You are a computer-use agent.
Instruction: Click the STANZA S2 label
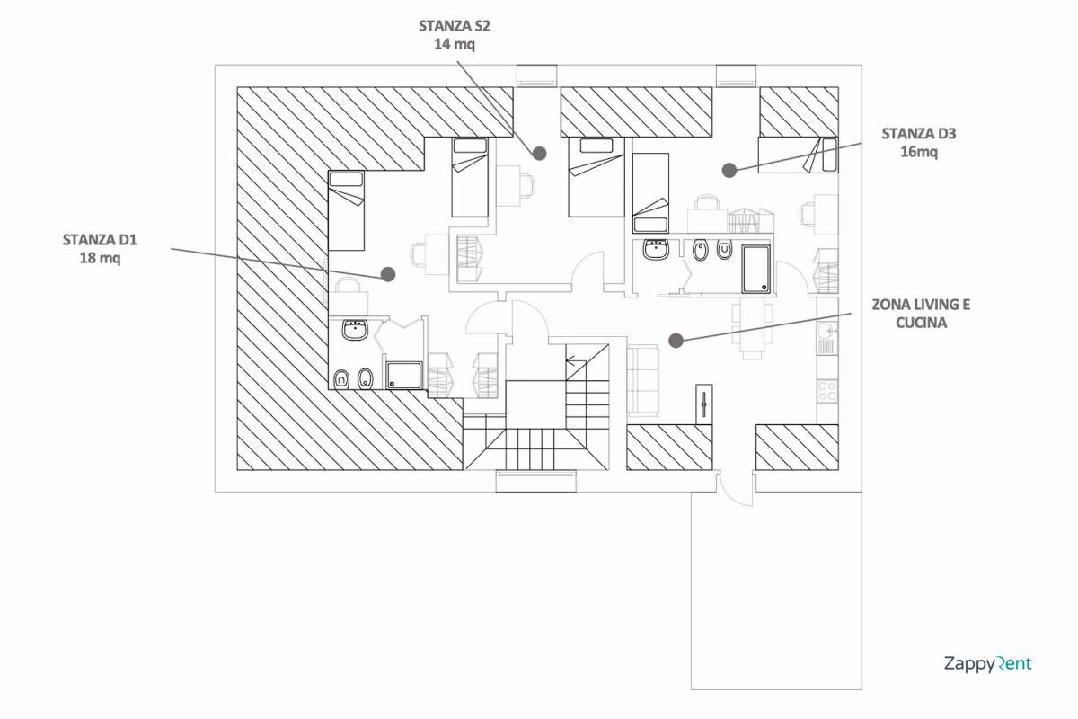tap(455, 26)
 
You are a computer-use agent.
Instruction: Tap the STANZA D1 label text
tap(100, 240)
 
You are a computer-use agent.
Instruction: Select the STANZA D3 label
tap(919, 133)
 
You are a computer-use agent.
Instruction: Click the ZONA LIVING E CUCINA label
tap(921, 314)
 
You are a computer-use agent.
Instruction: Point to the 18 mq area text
tap(100, 258)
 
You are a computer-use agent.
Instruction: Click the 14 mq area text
tap(455, 44)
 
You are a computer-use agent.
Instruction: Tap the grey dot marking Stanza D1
tap(388, 274)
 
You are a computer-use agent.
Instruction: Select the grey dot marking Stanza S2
tap(540, 153)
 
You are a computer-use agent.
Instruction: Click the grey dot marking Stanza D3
tap(729, 170)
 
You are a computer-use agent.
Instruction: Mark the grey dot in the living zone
tap(676, 341)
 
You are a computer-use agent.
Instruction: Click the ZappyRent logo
tap(988, 663)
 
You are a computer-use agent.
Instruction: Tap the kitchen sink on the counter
tap(827, 332)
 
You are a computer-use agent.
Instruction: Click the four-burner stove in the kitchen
tap(827, 391)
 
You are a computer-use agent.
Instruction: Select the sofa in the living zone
tap(643, 380)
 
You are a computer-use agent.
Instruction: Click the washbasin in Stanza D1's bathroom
tap(355, 331)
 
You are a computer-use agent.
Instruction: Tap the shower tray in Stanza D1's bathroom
tap(404, 376)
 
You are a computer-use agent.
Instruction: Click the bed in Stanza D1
tap(347, 210)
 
